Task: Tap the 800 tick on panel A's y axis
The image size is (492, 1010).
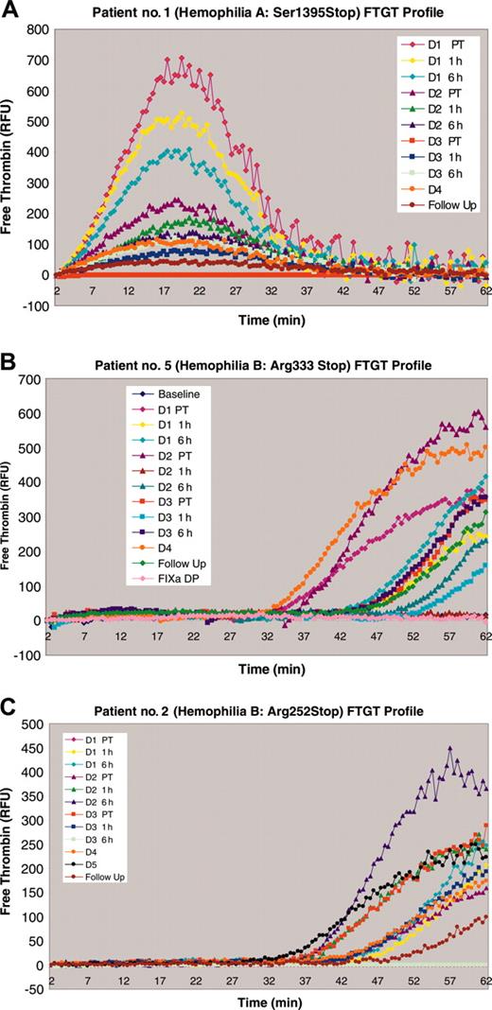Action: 36,30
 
